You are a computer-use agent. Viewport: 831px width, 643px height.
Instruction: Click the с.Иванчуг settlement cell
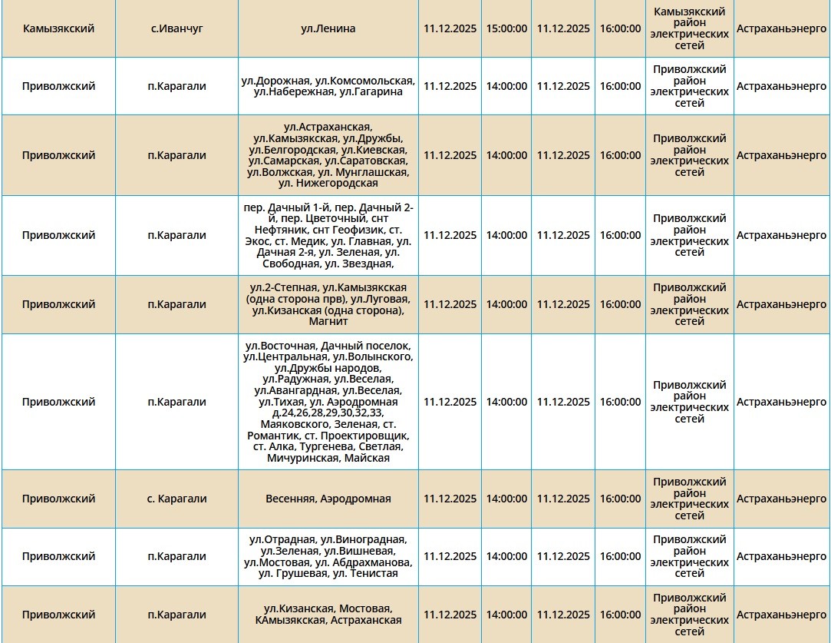coord(176,28)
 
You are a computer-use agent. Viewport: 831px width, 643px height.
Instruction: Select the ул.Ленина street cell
coord(328,28)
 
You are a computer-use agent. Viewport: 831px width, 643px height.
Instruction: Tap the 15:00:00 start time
coord(506,28)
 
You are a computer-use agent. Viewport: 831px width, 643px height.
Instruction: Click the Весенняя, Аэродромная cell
coord(328,499)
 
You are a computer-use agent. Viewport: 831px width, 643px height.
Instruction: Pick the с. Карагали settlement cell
coord(176,499)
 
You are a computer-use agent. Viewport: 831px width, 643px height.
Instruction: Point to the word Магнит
coord(328,321)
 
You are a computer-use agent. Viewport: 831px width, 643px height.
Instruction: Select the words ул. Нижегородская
coord(328,184)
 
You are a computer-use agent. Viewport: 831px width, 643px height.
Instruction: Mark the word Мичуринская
coord(303,458)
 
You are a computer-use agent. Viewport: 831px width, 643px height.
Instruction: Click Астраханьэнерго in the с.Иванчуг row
coord(781,28)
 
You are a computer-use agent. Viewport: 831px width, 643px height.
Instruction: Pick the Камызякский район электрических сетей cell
coord(689,28)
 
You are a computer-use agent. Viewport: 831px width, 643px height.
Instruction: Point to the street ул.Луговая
coord(380,299)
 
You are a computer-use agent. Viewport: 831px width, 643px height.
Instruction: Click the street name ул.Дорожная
coord(275,81)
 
